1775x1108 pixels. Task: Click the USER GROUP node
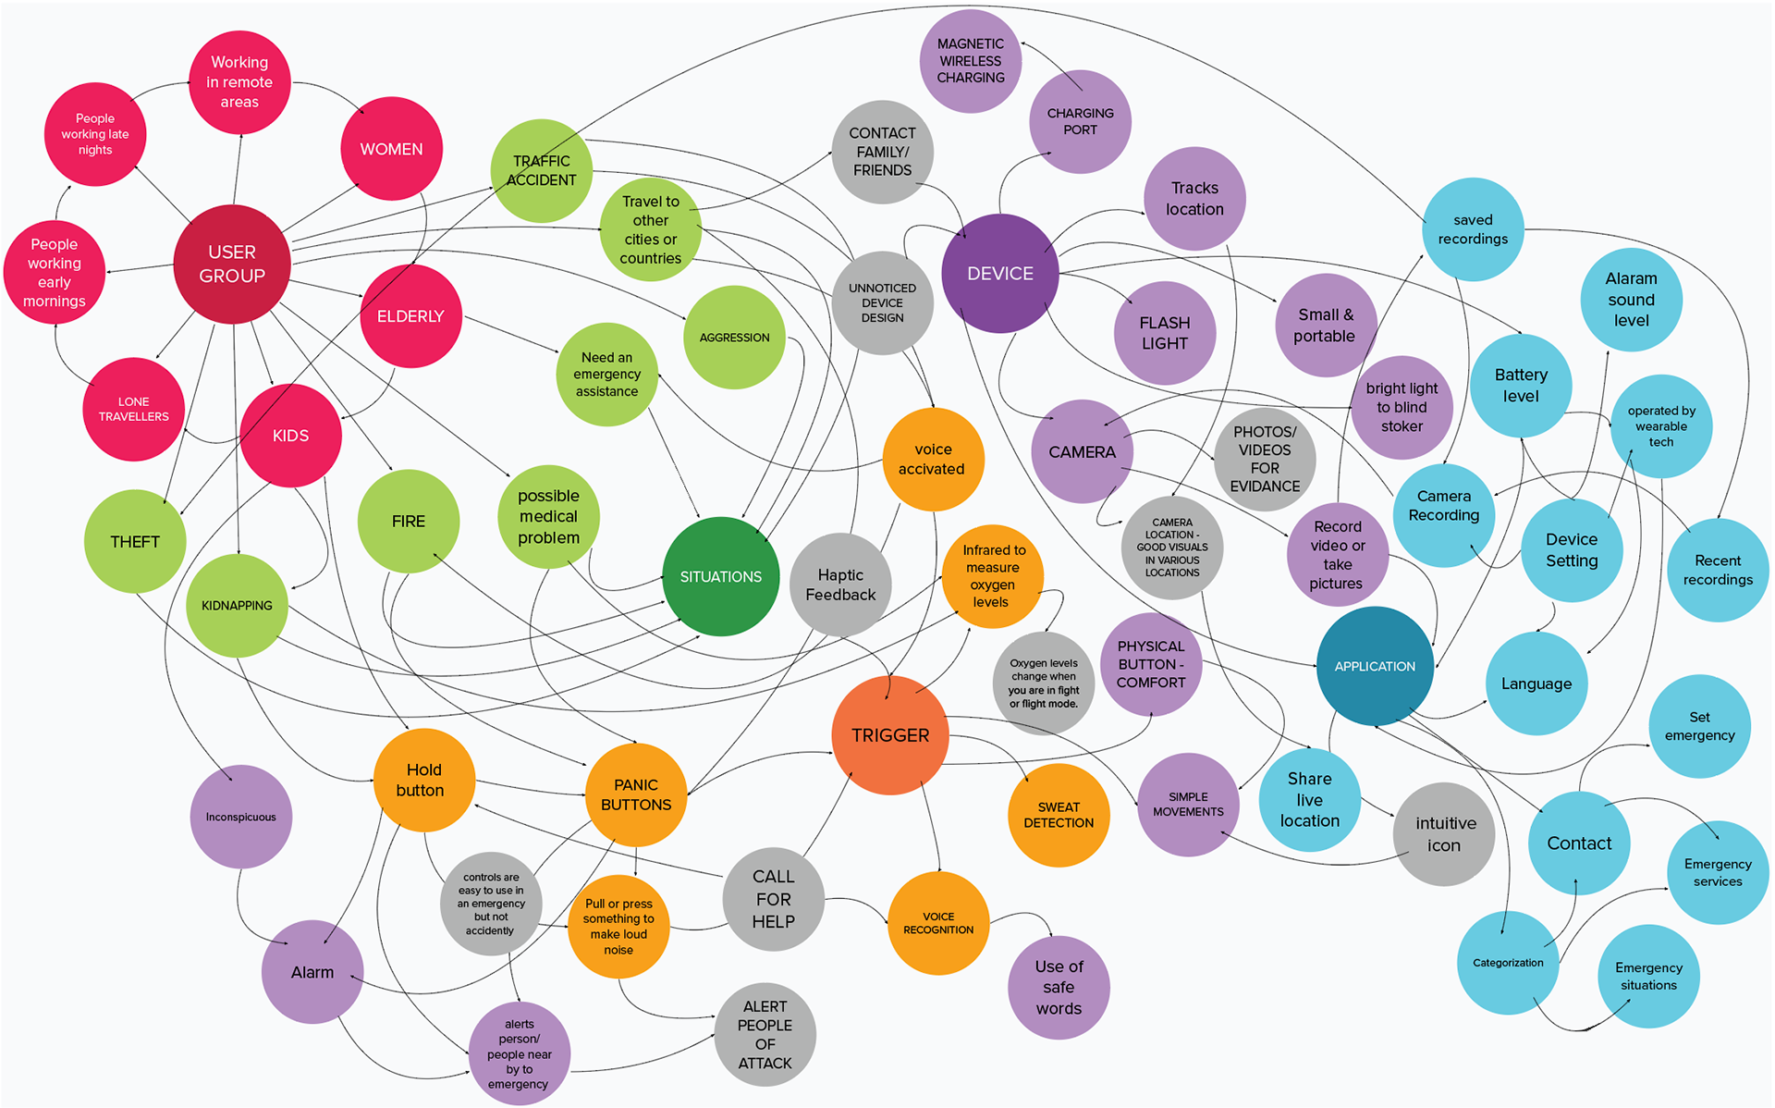click(232, 264)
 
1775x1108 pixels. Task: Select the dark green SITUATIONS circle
click(720, 576)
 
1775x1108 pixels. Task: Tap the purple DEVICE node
click(999, 274)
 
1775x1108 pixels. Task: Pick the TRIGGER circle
click(889, 735)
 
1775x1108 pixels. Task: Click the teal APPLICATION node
click(1375, 666)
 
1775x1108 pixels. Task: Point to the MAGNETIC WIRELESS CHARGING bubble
click(970, 61)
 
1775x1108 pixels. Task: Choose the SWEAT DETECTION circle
click(1059, 815)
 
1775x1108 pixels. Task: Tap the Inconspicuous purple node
click(240, 817)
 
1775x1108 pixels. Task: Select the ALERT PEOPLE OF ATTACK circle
click(765, 1034)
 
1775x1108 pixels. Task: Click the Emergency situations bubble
click(1648, 976)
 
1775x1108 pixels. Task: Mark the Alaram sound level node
click(1631, 300)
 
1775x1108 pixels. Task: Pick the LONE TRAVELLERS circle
click(134, 409)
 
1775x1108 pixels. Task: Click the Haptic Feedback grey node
click(840, 585)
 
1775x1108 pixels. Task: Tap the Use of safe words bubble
click(1059, 987)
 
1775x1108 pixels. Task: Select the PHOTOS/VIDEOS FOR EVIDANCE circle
click(1264, 459)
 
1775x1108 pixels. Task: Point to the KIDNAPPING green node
click(237, 606)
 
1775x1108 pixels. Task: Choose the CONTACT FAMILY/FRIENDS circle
click(882, 152)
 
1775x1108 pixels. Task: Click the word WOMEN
click(391, 149)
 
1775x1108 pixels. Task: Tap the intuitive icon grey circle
click(1444, 834)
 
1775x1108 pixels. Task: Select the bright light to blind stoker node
click(1402, 407)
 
